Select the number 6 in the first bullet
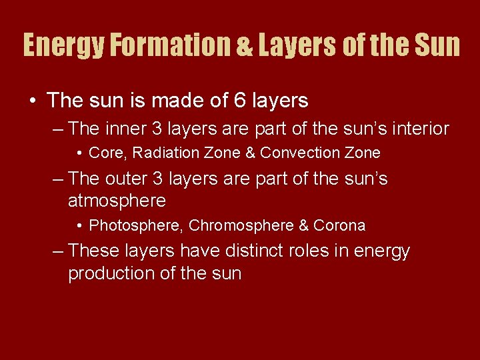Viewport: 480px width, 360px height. [x=241, y=101]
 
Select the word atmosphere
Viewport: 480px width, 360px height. [x=117, y=201]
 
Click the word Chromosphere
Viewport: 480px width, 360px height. [x=241, y=226]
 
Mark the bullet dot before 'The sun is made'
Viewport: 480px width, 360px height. [x=33, y=101]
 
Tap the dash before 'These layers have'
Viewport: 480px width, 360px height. [x=58, y=251]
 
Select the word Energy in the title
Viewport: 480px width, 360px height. [x=63, y=45]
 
